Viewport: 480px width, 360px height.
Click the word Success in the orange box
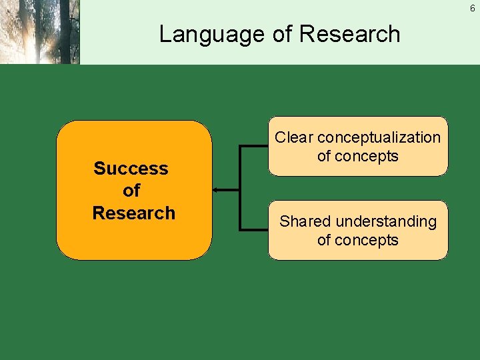pyautogui.click(x=131, y=169)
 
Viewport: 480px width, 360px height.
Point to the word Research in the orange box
pyautogui.click(x=133, y=213)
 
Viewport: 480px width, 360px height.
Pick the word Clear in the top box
pyautogui.click(x=293, y=137)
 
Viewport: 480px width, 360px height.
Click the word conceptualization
pyautogui.click(x=379, y=137)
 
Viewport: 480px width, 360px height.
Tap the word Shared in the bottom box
pyautogui.click(x=302, y=221)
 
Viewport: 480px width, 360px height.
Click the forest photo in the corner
pyautogui.click(x=39, y=31)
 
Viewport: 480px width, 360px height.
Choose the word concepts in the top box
pyautogui.click(x=367, y=157)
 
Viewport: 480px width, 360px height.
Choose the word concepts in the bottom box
pyautogui.click(x=367, y=241)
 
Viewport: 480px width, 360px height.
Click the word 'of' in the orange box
pyautogui.click(x=131, y=191)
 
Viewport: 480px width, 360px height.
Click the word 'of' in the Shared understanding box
pyautogui.click(x=324, y=241)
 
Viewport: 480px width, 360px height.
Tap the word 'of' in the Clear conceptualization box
pyautogui.click(x=324, y=157)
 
